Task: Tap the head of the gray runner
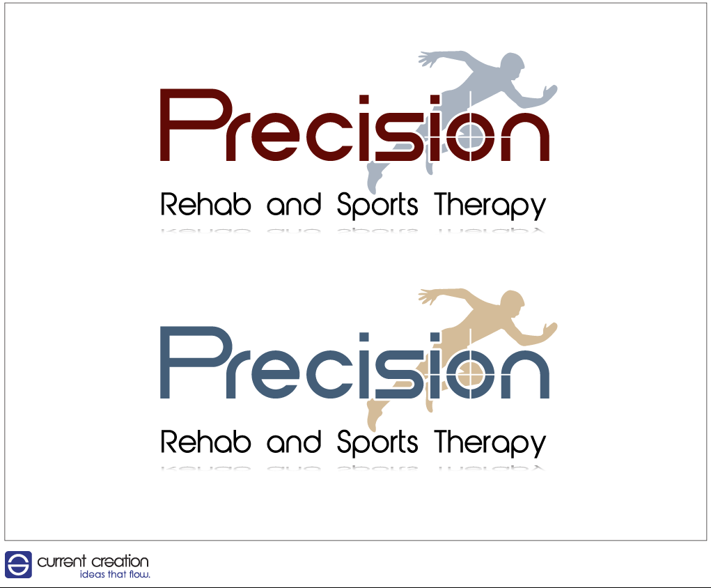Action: tap(513, 65)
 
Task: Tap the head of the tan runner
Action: tap(513, 302)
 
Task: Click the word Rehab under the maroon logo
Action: tap(205, 204)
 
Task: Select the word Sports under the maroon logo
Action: tap(377, 204)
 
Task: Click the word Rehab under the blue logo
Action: tap(205, 442)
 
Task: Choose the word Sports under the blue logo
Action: tap(377, 442)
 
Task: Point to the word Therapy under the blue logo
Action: tap(490, 443)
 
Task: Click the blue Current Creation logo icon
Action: tap(18, 564)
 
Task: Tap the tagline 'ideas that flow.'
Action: tap(115, 574)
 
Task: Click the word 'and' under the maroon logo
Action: tap(294, 205)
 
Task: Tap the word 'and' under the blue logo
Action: tap(294, 442)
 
